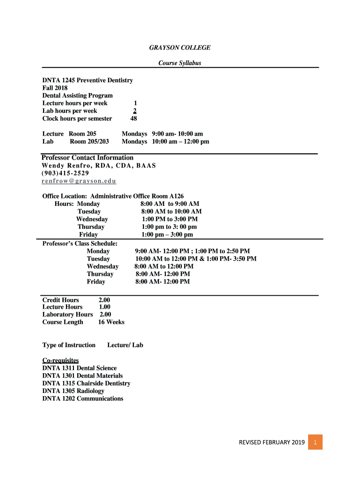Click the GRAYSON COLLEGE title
coord(180,48)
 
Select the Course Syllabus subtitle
coord(180,63)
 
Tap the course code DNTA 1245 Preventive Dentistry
coord(87,80)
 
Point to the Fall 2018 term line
coord(55,88)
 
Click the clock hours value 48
coord(134,118)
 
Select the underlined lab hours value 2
coord(135,111)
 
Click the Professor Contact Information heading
coord(87,158)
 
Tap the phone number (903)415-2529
coord(65,173)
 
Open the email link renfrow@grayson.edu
coord(79,181)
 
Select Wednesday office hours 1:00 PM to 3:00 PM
coord(169,219)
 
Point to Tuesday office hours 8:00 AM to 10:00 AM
coord(171,211)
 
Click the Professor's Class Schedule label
coord(79,244)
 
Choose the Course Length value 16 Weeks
coord(111,322)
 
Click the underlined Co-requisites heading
coord(60,361)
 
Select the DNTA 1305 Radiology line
coord(73,391)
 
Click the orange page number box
coord(316,442)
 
